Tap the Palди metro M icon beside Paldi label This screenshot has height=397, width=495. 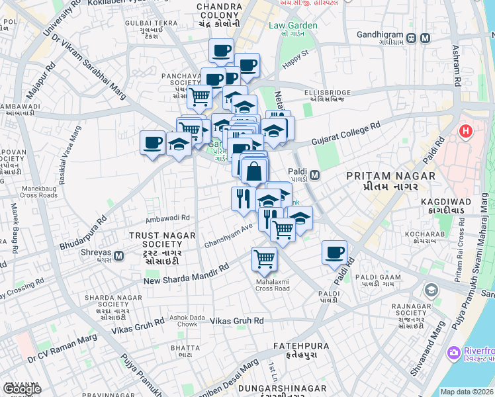click(315, 175)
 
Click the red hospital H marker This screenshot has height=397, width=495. click(466, 131)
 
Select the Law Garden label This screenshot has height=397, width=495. click(293, 26)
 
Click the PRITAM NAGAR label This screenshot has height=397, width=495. click(391, 176)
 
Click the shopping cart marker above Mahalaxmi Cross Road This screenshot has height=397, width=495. click(264, 259)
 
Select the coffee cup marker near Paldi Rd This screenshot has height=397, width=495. click(335, 252)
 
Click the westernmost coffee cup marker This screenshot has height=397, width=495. click(152, 142)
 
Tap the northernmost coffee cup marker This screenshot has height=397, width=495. click(221, 50)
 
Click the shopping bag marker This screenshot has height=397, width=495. click(254, 171)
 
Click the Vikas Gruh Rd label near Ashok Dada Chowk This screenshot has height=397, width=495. click(237, 321)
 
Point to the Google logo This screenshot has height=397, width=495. click(22, 390)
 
